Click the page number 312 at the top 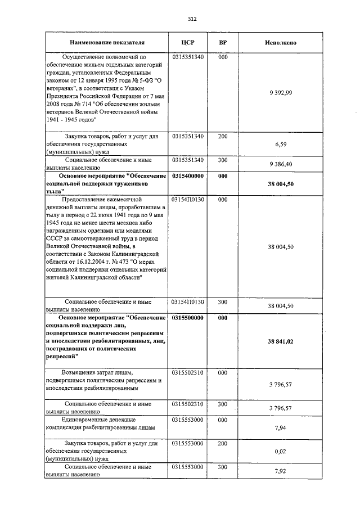(192, 19)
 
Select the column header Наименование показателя (107, 42)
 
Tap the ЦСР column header (188, 42)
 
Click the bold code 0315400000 (188, 176)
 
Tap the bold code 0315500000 (188, 317)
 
